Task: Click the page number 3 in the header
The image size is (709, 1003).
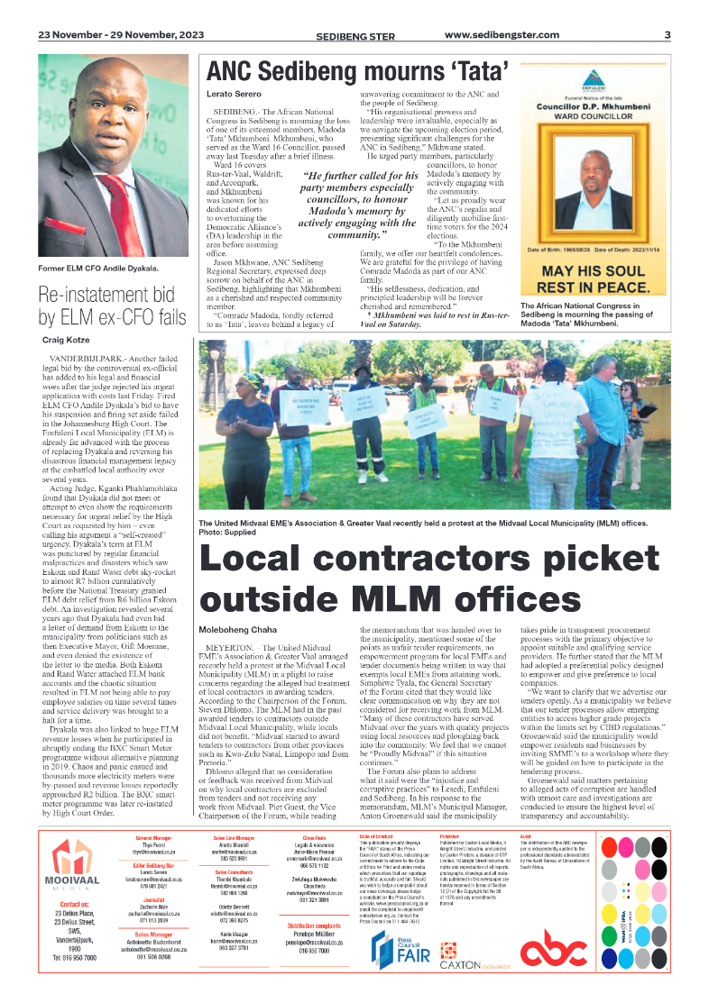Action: coord(668,35)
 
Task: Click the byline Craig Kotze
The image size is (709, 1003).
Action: coord(66,340)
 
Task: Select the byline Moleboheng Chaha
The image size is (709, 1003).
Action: coord(238,627)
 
